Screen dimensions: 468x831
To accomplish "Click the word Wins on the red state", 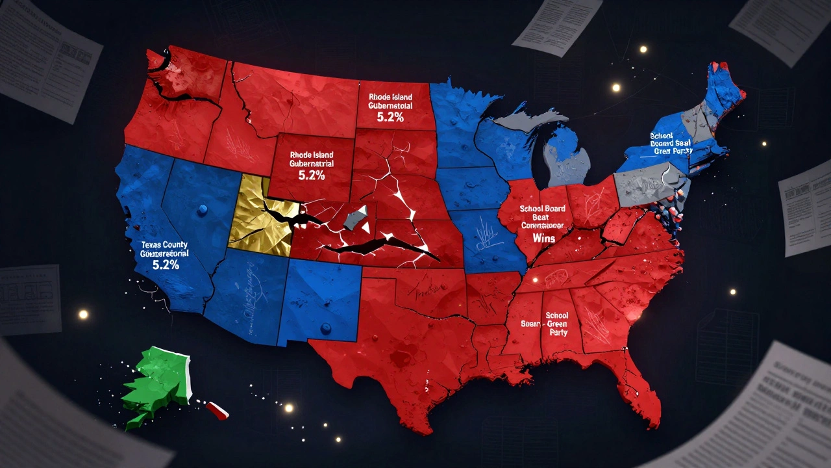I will click(540, 239).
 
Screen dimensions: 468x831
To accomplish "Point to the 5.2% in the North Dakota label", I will click(390, 117).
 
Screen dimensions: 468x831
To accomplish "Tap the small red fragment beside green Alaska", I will click(217, 409).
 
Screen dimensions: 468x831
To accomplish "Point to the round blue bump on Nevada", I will click(203, 209).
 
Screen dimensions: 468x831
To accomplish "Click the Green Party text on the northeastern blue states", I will click(673, 151).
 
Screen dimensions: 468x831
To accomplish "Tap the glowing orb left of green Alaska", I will click(83, 315).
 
